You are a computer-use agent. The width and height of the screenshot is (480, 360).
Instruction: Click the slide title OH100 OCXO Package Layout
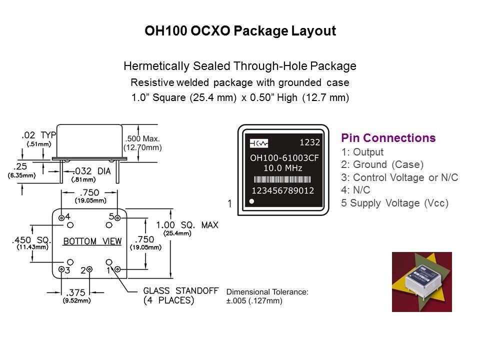coord(240,31)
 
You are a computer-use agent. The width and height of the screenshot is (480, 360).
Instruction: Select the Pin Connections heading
coord(388,138)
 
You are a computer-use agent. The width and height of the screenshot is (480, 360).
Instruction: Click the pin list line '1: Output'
coord(362,152)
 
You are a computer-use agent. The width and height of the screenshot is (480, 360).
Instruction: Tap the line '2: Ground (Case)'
coord(382,164)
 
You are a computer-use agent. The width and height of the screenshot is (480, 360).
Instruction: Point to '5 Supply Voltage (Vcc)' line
coord(394,203)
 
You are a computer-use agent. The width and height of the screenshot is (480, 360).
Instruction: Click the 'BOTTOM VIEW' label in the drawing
coord(92,241)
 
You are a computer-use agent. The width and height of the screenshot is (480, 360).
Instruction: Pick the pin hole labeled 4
coord(61,217)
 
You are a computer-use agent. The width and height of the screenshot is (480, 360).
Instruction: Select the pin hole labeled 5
coord(117,217)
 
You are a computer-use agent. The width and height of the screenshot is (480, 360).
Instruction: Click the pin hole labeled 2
coord(89,270)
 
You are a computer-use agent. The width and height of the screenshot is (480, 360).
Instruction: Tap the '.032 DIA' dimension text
coord(92,171)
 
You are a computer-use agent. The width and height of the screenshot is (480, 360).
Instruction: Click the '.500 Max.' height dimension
coord(142,138)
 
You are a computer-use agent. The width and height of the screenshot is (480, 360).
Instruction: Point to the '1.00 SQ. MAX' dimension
coord(187,225)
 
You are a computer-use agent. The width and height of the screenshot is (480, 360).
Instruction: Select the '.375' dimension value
coord(76,292)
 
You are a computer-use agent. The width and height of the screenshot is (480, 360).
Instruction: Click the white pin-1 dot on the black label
coord(252,201)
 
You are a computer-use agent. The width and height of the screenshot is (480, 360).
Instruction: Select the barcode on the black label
coord(283,179)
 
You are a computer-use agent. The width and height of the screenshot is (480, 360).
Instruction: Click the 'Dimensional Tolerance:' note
coord(267,291)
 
